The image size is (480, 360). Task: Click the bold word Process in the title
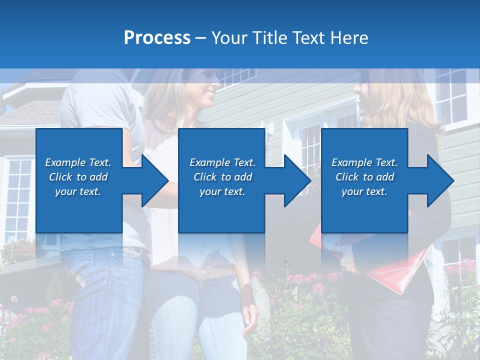[157, 38]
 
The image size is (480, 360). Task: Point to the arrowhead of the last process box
[439, 180]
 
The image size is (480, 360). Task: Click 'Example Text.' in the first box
[78, 162]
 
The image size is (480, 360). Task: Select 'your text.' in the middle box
[222, 191]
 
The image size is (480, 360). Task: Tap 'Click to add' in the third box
[364, 177]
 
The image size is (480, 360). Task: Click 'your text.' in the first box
[78, 191]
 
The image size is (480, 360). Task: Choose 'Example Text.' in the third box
[364, 162]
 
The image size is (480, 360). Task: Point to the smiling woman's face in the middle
[207, 85]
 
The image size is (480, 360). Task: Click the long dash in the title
[201, 38]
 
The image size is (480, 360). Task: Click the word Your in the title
[229, 38]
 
